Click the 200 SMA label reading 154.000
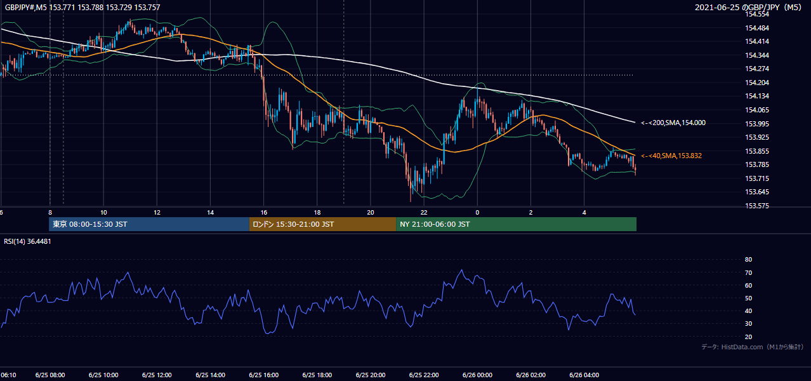[673, 123]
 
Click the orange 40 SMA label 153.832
[671, 156]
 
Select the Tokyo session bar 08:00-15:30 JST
[149, 224]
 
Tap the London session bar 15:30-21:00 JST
[322, 224]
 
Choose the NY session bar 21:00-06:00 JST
[517, 224]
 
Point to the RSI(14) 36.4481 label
[27, 241]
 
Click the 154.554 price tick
[756, 15]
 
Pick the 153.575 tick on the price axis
[756, 206]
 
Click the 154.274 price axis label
[756, 69]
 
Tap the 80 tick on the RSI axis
[748, 259]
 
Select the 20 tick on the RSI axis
[748, 337]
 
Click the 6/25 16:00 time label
[264, 375]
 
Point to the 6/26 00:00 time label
[477, 375]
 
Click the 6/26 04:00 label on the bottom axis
[584, 375]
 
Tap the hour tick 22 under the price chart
[424, 213]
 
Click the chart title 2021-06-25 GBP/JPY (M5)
[748, 7]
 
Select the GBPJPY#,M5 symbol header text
[26, 7]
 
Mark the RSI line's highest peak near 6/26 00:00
[461, 270]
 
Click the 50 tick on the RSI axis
[748, 298]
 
